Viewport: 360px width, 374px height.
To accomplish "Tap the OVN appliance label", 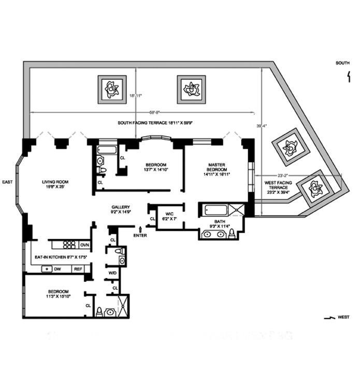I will (84, 244).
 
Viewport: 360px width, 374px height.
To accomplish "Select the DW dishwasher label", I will (59, 269).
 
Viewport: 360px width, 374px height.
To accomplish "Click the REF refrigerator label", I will (78, 269).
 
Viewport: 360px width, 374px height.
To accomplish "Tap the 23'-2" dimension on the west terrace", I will (282, 176).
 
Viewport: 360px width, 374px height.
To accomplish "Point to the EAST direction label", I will (7, 182).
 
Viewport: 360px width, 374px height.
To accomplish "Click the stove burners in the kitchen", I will (69, 244).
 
